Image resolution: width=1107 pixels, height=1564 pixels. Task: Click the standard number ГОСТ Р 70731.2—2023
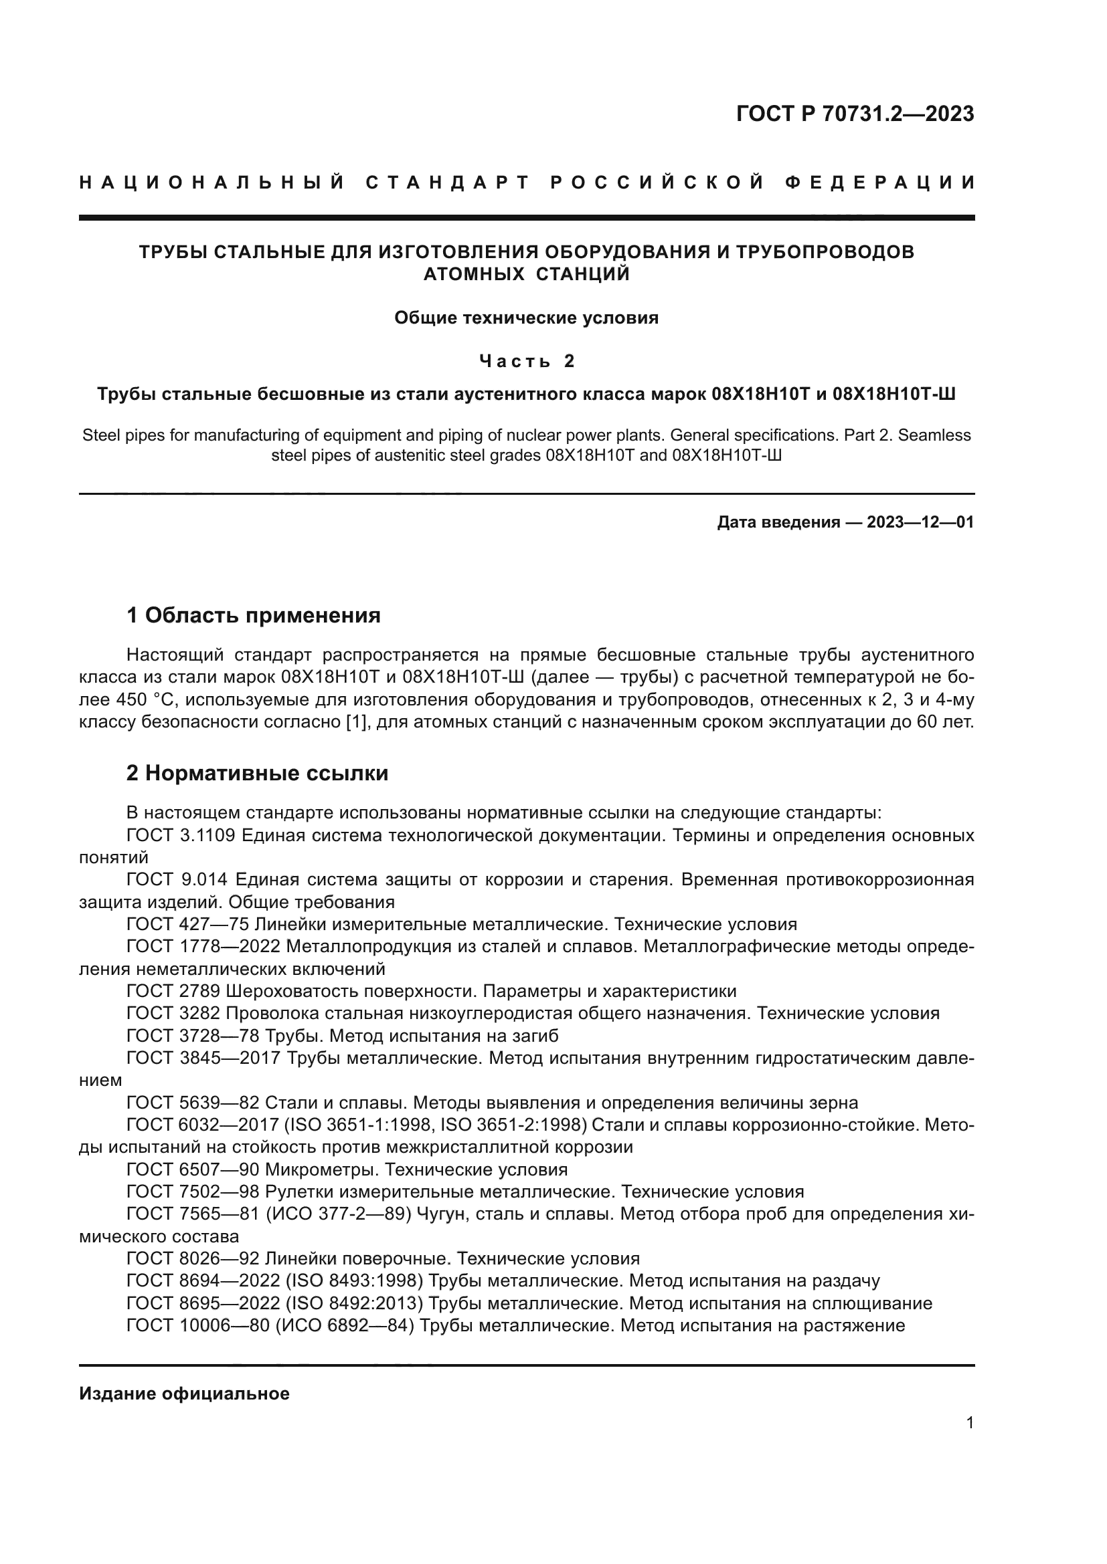(x=855, y=114)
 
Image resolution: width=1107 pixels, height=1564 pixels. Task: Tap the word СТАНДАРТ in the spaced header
(x=447, y=183)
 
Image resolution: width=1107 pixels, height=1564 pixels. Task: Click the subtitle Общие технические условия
(x=526, y=318)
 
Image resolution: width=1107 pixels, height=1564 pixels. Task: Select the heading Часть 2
(x=526, y=360)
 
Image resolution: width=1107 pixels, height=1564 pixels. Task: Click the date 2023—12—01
(x=920, y=522)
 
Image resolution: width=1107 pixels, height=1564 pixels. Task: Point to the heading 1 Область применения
(x=254, y=616)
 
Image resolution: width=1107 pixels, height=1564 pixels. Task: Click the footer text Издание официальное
(x=184, y=1393)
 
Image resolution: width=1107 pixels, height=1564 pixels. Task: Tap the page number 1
(x=969, y=1436)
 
